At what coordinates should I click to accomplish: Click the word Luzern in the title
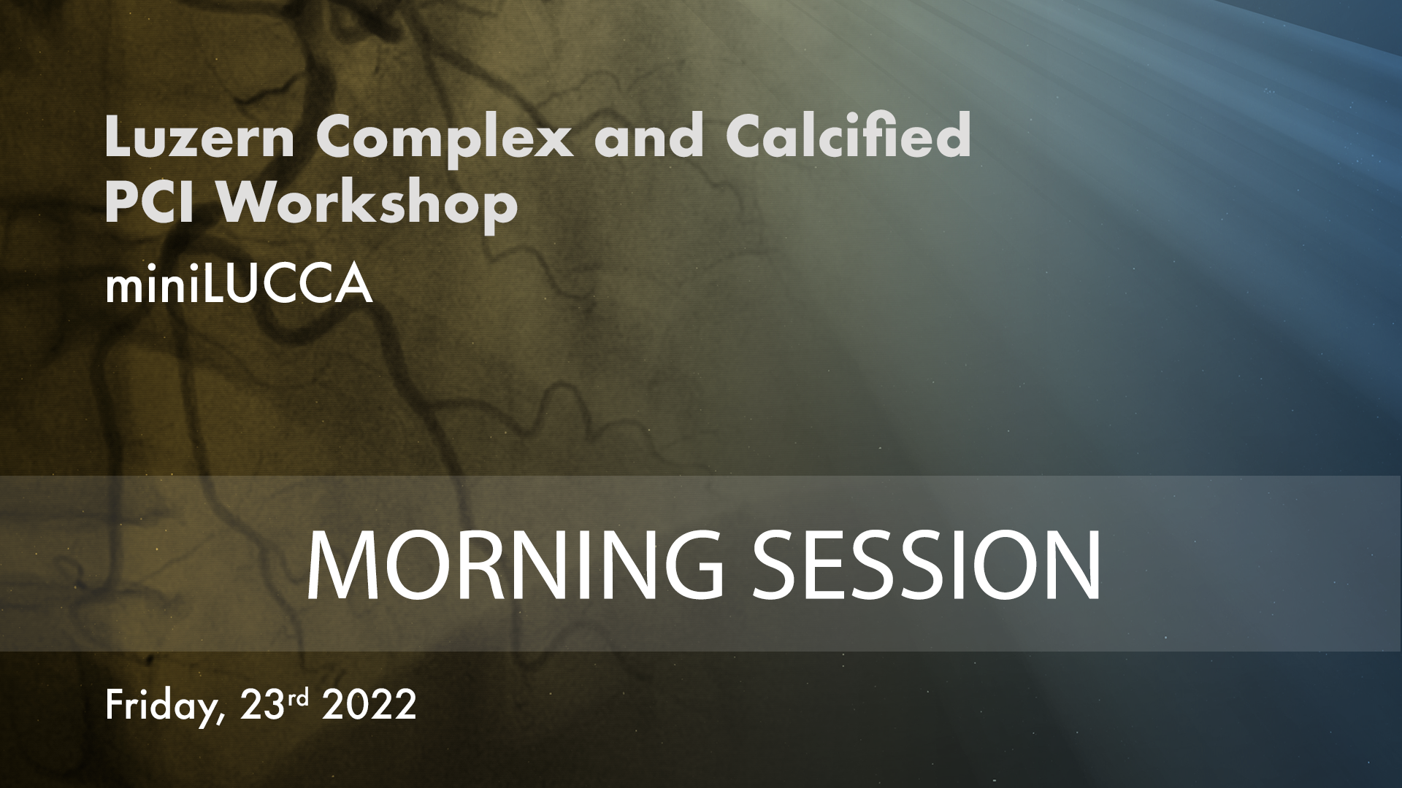click(199, 136)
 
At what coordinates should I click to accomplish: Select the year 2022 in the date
click(369, 705)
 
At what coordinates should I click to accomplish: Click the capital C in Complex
click(339, 136)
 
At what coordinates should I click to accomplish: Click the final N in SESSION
click(1073, 565)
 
